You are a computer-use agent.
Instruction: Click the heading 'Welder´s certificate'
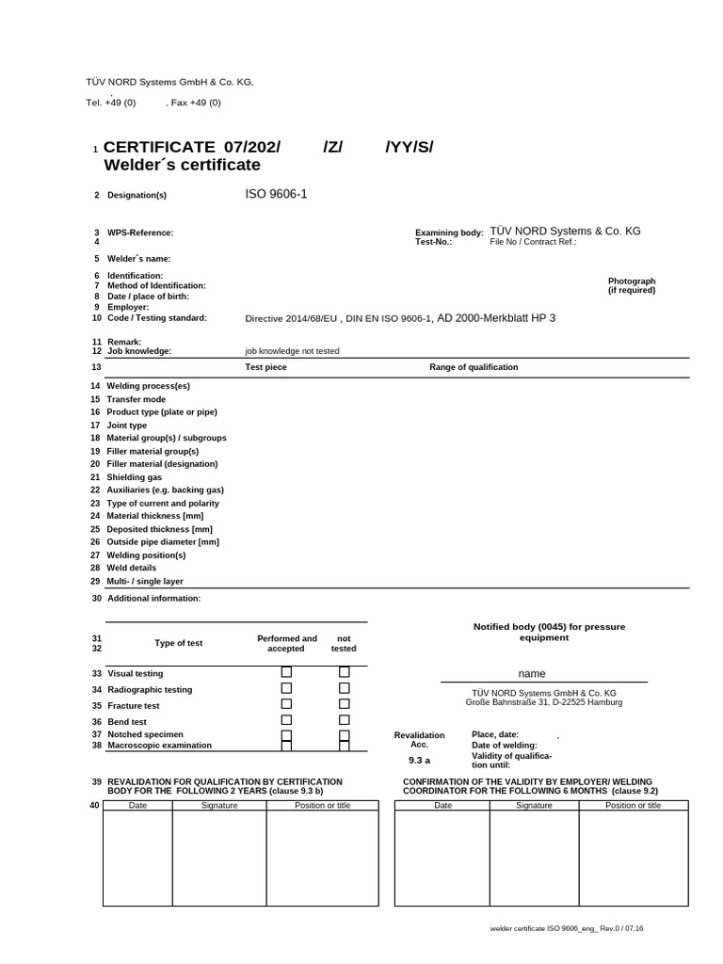tap(181, 166)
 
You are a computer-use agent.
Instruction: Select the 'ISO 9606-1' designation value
tap(276, 194)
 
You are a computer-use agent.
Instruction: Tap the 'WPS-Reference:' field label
tap(140, 232)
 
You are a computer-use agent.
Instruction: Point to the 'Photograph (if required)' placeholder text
tap(632, 286)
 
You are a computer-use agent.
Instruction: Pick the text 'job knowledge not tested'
tap(292, 350)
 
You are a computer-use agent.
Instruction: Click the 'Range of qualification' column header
tap(474, 367)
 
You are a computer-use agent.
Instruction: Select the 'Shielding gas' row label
tap(135, 477)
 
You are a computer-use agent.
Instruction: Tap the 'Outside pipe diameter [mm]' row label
tap(163, 541)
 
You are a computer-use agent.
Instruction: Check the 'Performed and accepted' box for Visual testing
tap(287, 672)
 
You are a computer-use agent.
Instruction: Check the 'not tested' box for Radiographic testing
tap(345, 688)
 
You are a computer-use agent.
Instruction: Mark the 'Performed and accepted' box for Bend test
tap(287, 720)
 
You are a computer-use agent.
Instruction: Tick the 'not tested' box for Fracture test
tap(345, 703)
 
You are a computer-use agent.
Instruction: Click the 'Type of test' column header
tap(179, 643)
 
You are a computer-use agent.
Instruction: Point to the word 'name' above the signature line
tap(532, 674)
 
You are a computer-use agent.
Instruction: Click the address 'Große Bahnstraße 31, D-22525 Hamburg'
tap(543, 701)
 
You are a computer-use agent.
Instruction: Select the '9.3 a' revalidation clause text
tap(419, 760)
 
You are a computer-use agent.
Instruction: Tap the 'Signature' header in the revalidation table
tap(219, 805)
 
